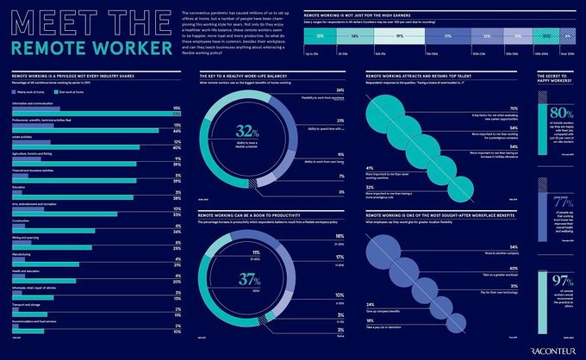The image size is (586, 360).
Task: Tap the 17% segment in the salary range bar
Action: point(447,37)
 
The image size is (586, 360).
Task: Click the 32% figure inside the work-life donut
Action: point(247,131)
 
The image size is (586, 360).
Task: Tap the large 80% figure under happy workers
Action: point(561,114)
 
